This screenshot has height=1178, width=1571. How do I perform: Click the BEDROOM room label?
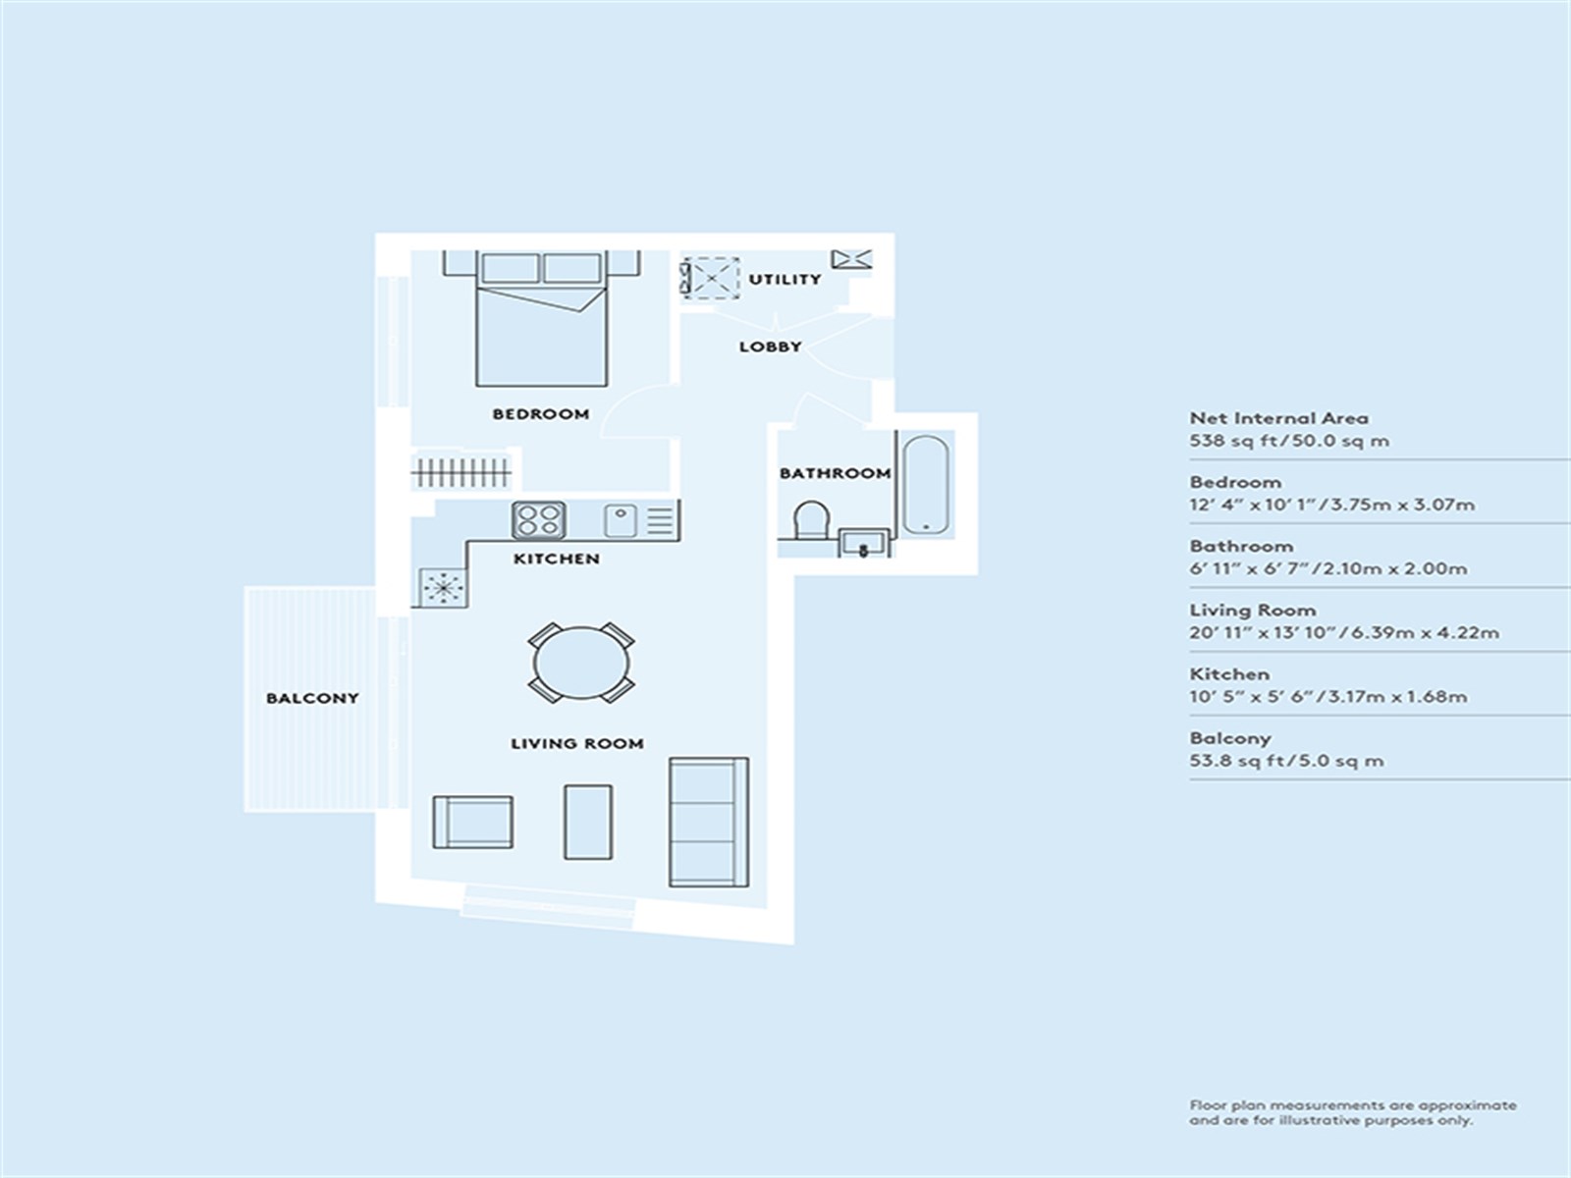pyautogui.click(x=540, y=414)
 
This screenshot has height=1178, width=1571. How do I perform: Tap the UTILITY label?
pyautogui.click(x=785, y=279)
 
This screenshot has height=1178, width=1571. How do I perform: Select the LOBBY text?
pyautogui.click(x=770, y=347)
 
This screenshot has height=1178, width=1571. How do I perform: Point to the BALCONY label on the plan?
pyautogui.click(x=312, y=698)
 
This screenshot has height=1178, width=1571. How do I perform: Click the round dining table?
pyautogui.click(x=581, y=663)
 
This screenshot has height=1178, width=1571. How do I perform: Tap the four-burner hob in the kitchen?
pyautogui.click(x=539, y=520)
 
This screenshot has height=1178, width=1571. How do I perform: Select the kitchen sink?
pyautogui.click(x=620, y=520)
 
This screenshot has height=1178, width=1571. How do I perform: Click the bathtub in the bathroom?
pyautogui.click(x=926, y=485)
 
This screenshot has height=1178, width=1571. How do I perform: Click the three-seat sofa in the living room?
pyautogui.click(x=709, y=823)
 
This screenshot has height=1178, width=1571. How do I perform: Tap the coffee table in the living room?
pyautogui.click(x=587, y=822)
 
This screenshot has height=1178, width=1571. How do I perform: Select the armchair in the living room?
pyautogui.click(x=472, y=823)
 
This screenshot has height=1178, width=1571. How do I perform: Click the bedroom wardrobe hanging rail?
pyautogui.click(x=460, y=472)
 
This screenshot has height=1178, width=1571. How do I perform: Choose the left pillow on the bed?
pyautogui.click(x=511, y=268)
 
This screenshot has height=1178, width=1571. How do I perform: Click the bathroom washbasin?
pyautogui.click(x=864, y=543)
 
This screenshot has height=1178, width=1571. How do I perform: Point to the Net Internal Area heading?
pyautogui.click(x=1278, y=418)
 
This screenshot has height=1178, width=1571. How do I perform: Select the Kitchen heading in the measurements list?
pyautogui.click(x=1229, y=674)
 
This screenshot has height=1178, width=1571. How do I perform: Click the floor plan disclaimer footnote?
pyautogui.click(x=1352, y=1113)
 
